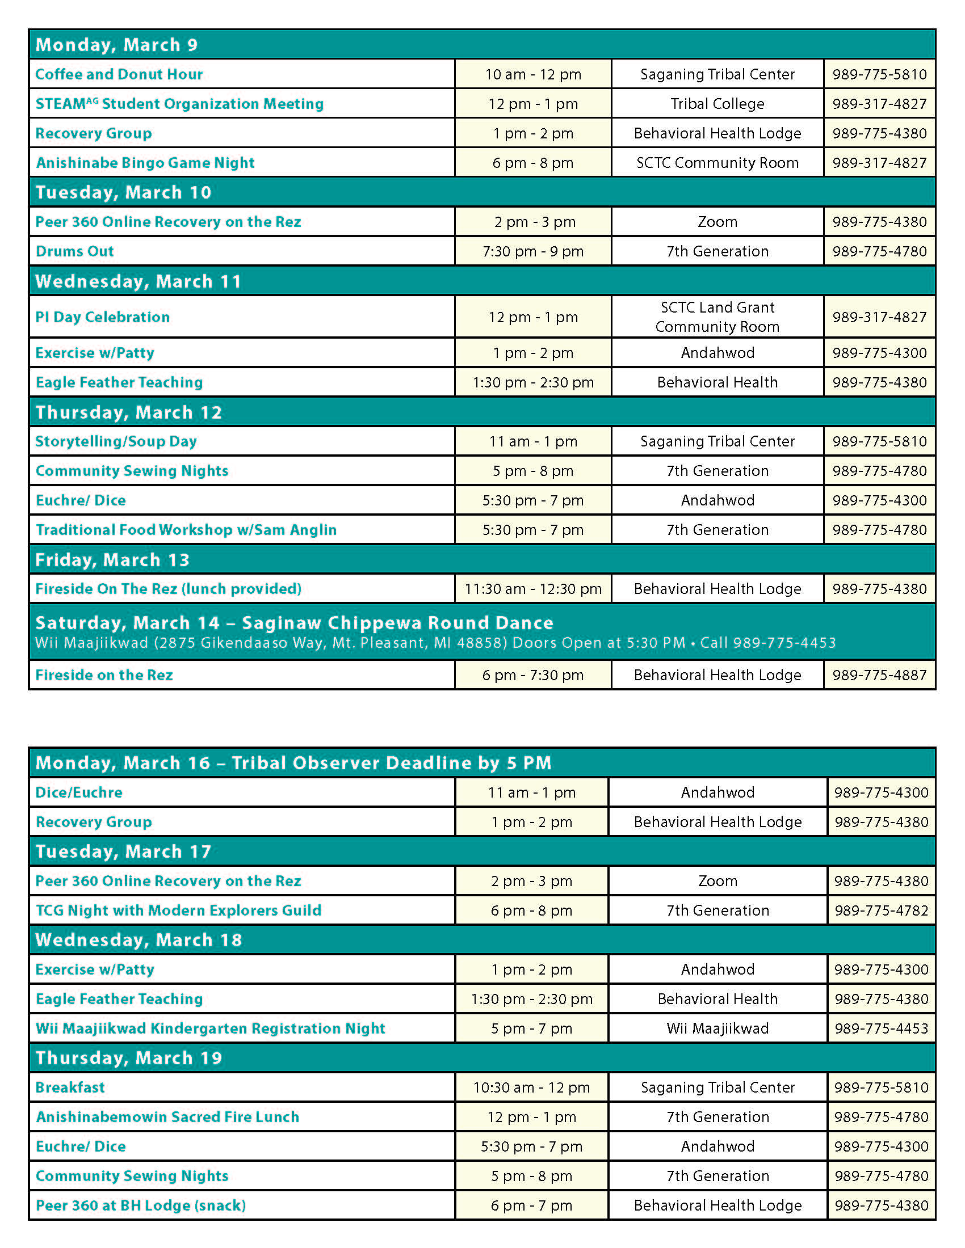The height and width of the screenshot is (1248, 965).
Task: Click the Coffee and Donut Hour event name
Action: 119,74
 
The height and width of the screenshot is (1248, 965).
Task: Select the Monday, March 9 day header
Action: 116,45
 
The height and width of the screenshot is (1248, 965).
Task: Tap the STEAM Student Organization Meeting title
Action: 179,104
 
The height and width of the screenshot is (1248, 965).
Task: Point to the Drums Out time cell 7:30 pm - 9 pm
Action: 533,251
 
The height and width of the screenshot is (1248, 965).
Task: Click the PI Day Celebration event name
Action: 103,317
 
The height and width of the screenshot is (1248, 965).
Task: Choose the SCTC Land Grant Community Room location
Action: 718,317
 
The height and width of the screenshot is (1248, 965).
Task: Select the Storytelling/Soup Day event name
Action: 116,441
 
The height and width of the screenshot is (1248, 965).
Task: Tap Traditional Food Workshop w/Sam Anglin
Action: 186,530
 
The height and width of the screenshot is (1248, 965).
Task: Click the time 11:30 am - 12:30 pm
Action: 533,589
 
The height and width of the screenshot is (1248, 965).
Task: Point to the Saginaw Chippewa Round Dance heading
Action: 397,622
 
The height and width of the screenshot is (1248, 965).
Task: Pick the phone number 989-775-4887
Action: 879,675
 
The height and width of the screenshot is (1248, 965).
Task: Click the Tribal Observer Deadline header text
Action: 392,763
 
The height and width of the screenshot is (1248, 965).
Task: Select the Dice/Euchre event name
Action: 79,792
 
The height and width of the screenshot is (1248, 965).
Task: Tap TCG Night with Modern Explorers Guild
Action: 178,910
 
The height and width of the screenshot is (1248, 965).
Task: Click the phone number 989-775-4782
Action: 881,910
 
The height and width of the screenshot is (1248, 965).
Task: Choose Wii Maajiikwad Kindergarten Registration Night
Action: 211,1028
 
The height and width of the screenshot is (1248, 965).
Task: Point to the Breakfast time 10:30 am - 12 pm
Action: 532,1087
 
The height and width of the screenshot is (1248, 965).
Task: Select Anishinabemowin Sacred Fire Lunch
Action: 167,1117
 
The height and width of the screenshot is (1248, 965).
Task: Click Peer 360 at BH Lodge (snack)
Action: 141,1205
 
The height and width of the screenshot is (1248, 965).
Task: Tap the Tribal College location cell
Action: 718,104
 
